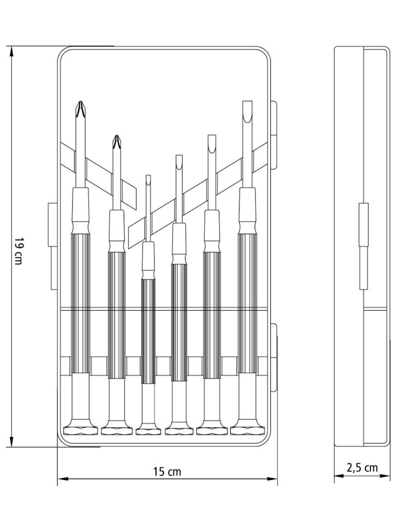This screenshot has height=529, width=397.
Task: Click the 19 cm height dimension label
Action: pos(19,251)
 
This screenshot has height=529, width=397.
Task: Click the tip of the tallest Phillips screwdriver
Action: pos(81,102)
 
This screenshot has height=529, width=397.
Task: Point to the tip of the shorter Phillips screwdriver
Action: pos(117,135)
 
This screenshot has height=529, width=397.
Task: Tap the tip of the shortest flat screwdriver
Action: pos(148,176)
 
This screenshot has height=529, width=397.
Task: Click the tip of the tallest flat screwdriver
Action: pos(247,102)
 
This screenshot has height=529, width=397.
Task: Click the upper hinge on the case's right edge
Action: pos(274,135)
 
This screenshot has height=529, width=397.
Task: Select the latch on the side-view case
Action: pos(364,246)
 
